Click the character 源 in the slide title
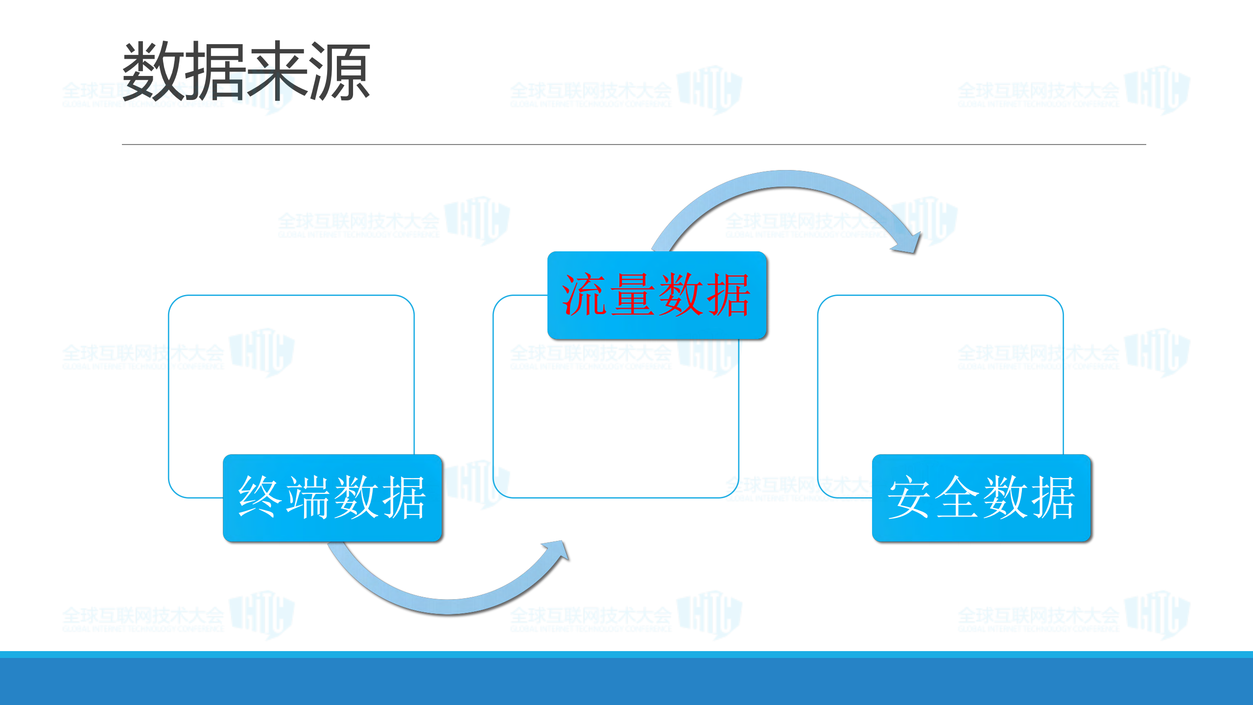(x=339, y=71)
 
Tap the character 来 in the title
(x=278, y=71)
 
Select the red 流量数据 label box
(x=657, y=295)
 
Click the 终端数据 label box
(x=332, y=497)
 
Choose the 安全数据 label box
(x=981, y=497)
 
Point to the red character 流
(x=584, y=295)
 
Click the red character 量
(x=633, y=295)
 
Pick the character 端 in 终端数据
(x=307, y=497)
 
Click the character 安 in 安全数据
(x=909, y=497)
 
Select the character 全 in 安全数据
(x=957, y=497)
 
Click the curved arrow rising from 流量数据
(x=783, y=180)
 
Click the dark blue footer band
(x=626, y=681)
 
